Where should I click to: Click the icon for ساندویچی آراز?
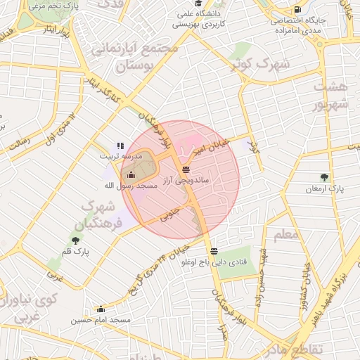(186, 169)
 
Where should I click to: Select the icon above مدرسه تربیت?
(120, 146)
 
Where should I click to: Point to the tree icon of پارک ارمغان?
(324, 178)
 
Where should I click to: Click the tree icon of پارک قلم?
(75, 240)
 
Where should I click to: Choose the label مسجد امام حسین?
(101, 320)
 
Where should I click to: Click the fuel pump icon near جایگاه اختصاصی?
(299, 10)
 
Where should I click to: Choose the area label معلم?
(285, 234)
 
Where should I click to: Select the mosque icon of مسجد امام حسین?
(101, 309)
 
